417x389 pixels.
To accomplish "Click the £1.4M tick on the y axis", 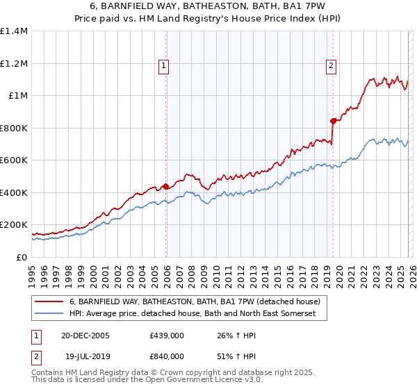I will (14, 31).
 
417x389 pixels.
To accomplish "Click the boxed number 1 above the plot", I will (163, 67).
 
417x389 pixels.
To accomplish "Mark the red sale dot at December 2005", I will (166, 186).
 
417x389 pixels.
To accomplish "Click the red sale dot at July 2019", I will (333, 121).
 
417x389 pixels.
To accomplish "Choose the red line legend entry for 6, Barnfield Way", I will (195, 301).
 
